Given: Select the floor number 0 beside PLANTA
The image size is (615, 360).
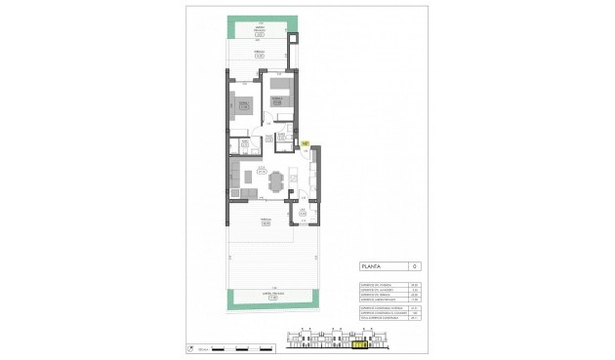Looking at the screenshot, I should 415,266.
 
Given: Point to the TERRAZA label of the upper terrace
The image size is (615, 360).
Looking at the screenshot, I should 261,53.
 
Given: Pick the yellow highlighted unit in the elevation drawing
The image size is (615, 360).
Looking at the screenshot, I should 363,343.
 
